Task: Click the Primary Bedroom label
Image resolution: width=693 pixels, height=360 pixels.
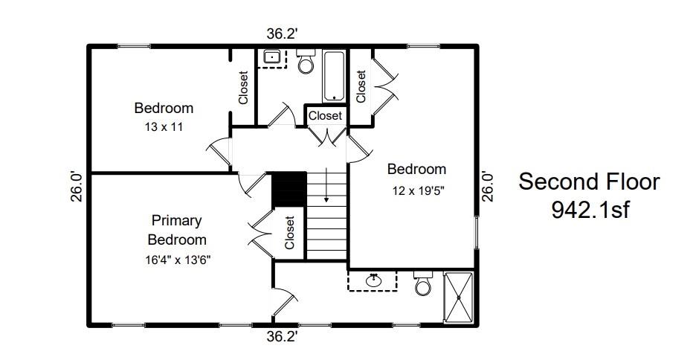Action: tap(177, 230)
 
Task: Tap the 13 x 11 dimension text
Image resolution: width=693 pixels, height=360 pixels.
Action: tap(164, 127)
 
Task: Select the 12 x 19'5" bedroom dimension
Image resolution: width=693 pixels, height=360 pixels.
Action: tap(418, 191)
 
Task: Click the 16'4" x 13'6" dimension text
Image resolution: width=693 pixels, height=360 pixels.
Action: tap(178, 260)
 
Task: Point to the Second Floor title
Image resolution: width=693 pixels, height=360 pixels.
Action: tap(589, 181)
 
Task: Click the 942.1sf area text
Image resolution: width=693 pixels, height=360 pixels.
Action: tap(590, 210)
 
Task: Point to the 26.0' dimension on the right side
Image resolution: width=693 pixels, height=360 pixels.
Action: tap(487, 186)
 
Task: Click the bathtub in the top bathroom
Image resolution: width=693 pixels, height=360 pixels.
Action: tap(334, 77)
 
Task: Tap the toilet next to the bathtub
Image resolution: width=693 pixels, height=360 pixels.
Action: tap(306, 60)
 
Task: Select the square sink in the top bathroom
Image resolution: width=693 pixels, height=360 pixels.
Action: tap(271, 57)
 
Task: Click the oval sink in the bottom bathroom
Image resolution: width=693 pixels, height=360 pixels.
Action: tap(374, 280)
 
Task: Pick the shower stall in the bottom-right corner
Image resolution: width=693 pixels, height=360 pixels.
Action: tap(458, 298)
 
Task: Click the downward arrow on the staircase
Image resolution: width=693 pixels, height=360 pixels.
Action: tap(326, 185)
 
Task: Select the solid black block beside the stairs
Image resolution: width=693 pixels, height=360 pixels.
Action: tap(289, 189)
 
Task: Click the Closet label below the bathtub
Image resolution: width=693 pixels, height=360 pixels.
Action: tap(325, 116)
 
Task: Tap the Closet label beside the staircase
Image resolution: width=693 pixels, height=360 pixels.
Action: tap(289, 233)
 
